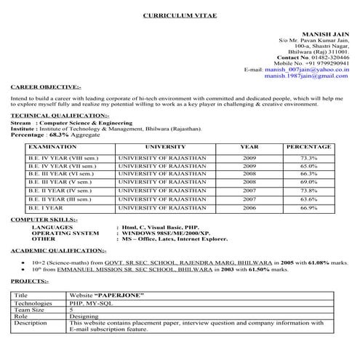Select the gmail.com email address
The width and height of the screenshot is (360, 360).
tap(306, 76)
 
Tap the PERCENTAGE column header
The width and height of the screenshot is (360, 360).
tap(308, 147)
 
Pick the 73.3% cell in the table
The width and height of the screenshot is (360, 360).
tap(308, 158)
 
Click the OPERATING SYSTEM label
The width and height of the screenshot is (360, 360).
tap(65, 232)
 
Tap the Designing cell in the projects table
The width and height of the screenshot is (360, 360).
tap(84, 316)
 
